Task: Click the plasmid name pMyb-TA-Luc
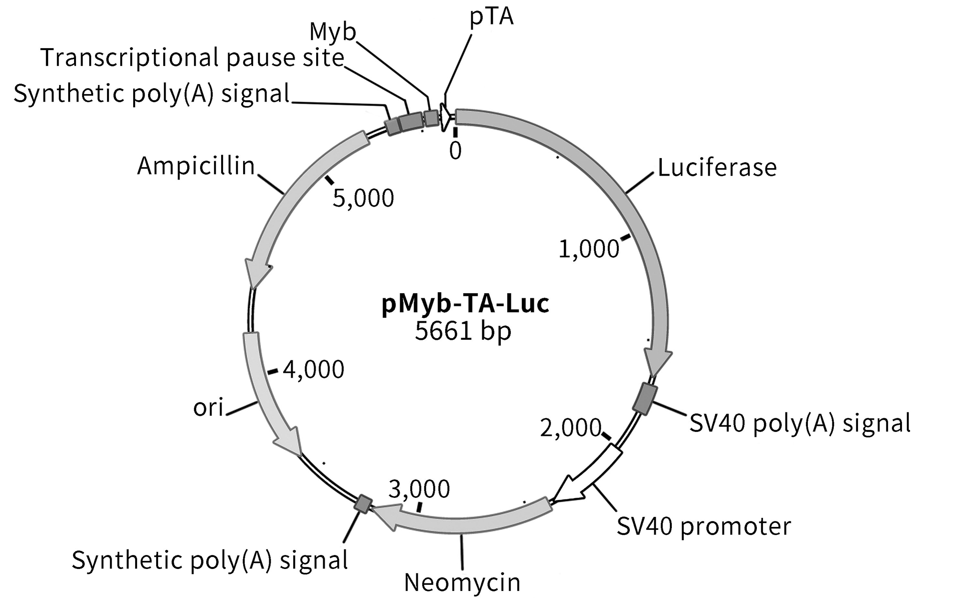pyautogui.click(x=465, y=304)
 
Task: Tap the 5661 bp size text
pyautogui.click(x=463, y=331)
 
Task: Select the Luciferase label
pyautogui.click(x=717, y=168)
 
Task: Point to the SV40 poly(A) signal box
pyautogui.click(x=644, y=399)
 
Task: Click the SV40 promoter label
pyautogui.click(x=704, y=526)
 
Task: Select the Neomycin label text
pyautogui.click(x=462, y=582)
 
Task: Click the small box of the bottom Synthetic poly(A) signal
pyautogui.click(x=363, y=504)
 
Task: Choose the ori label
pyautogui.click(x=208, y=408)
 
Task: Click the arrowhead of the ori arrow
pyautogui.click(x=289, y=442)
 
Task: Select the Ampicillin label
pyautogui.click(x=196, y=166)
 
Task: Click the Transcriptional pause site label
pyautogui.click(x=192, y=58)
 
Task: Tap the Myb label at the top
pyautogui.click(x=333, y=32)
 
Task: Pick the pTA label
pyautogui.click(x=491, y=16)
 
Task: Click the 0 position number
pyautogui.click(x=456, y=151)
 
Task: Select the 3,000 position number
pyautogui.click(x=419, y=489)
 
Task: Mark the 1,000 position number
pyautogui.click(x=589, y=249)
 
